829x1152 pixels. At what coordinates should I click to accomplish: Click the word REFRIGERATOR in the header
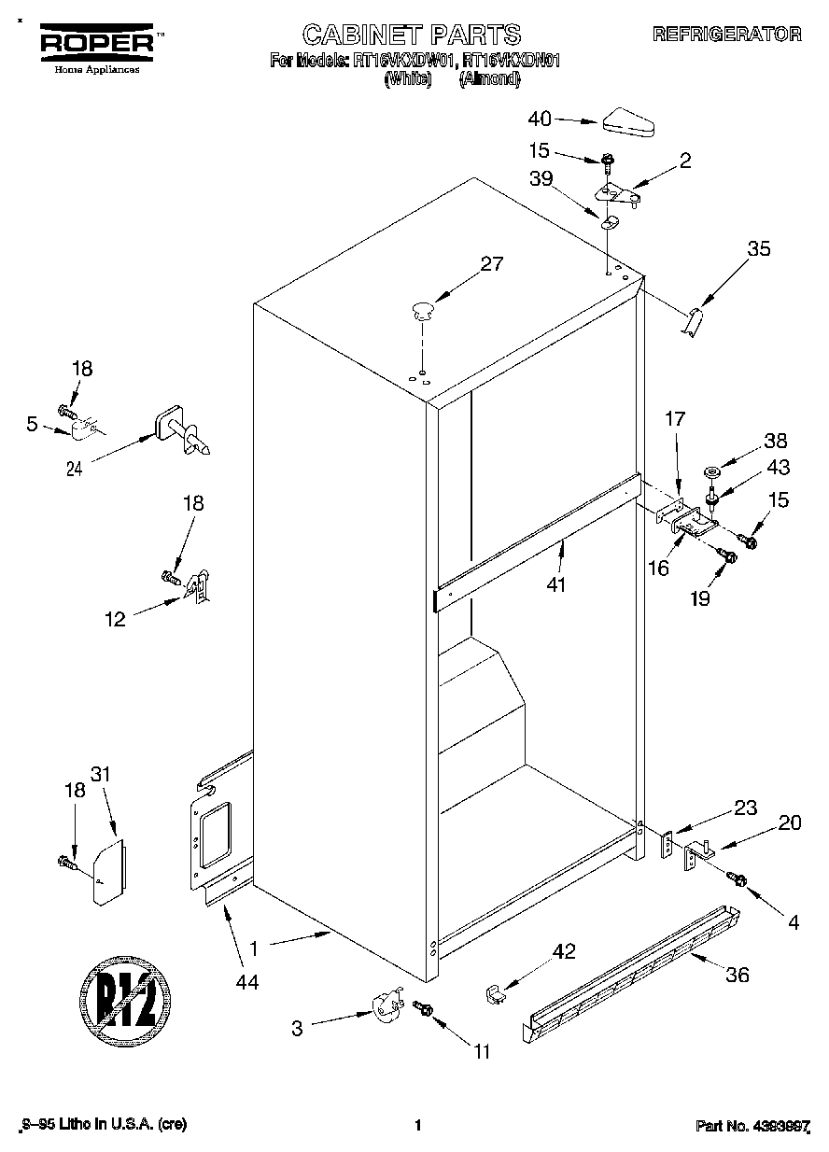pyautogui.click(x=727, y=35)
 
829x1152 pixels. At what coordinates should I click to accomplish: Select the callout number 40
pyautogui.click(x=540, y=119)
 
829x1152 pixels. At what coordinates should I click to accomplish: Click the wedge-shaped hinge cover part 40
pyautogui.click(x=631, y=121)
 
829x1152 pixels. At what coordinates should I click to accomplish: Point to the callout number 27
pyautogui.click(x=492, y=264)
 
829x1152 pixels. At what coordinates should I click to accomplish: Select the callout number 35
pyautogui.click(x=759, y=248)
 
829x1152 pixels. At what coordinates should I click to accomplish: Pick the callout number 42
pyautogui.click(x=564, y=952)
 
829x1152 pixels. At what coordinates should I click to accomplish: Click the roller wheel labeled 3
pyautogui.click(x=384, y=1008)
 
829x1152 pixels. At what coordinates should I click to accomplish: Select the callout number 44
pyautogui.click(x=246, y=981)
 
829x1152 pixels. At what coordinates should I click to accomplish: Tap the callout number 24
pyautogui.click(x=76, y=470)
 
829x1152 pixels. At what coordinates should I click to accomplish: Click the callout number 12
pyautogui.click(x=115, y=618)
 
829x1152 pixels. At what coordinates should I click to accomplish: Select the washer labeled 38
pyautogui.click(x=712, y=472)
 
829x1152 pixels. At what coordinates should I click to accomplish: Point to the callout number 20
pyautogui.click(x=789, y=822)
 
